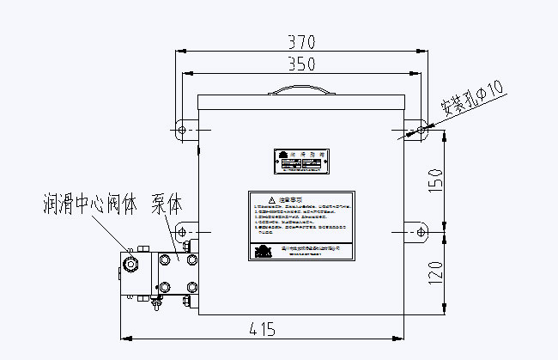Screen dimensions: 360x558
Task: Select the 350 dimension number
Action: click(300, 64)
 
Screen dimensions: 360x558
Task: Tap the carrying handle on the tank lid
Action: click(300, 88)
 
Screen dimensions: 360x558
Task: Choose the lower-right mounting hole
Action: click(420, 232)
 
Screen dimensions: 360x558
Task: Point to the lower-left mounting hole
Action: click(181, 232)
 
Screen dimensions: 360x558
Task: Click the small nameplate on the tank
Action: click(300, 161)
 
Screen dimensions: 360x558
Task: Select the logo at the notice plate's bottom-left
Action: click(263, 250)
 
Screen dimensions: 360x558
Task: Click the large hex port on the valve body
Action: click(132, 262)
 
